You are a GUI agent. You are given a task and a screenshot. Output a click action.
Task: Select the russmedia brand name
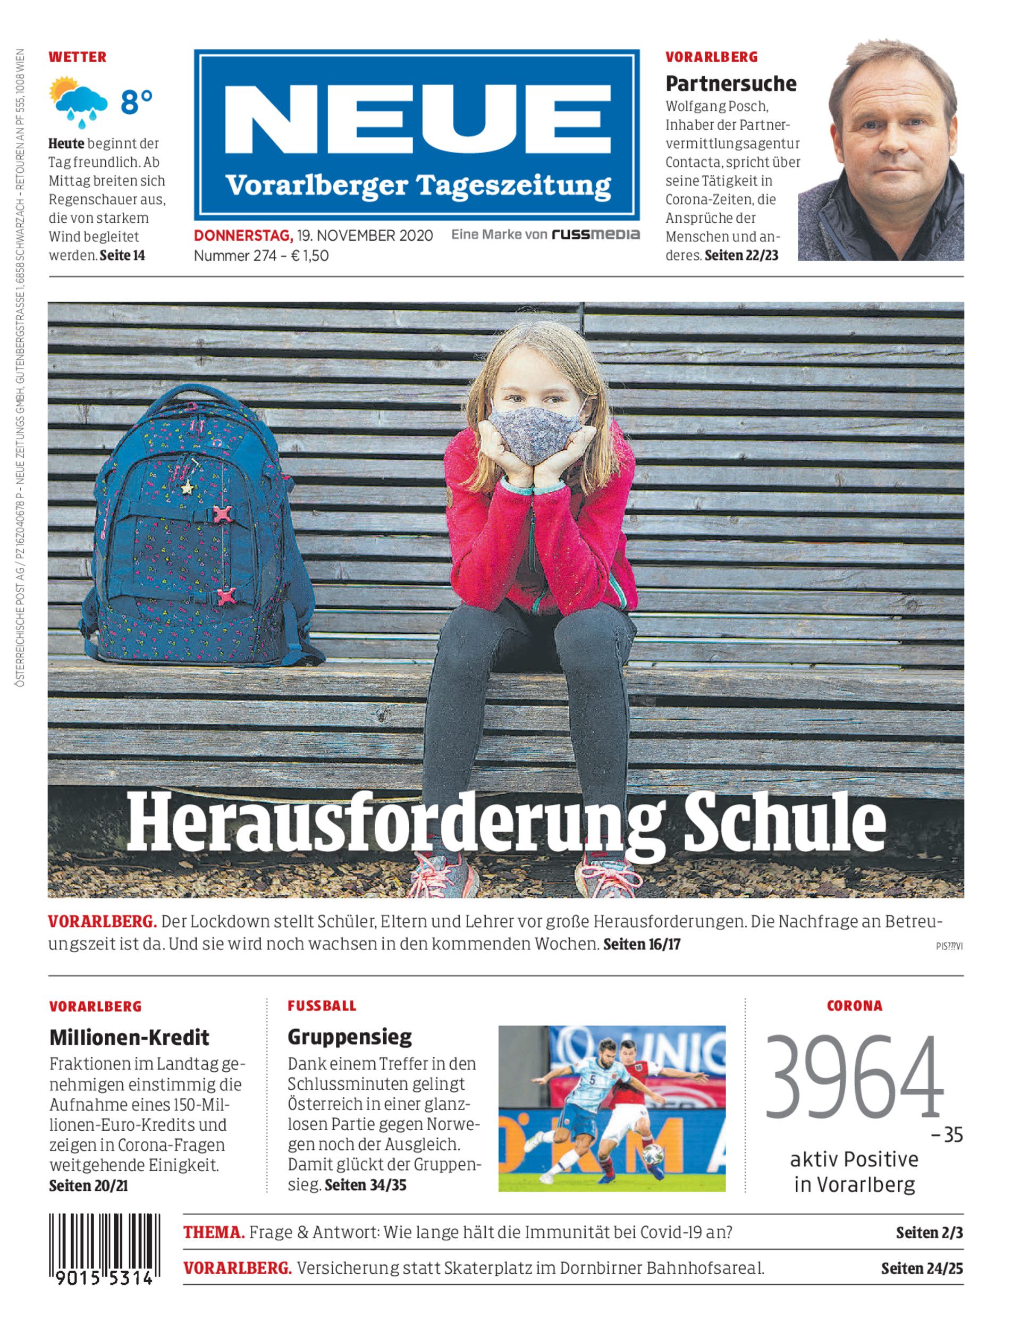coord(596,234)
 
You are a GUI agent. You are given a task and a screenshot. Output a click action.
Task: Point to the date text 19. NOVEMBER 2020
coord(365,235)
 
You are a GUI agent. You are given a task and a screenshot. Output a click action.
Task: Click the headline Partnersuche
coord(731,84)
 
